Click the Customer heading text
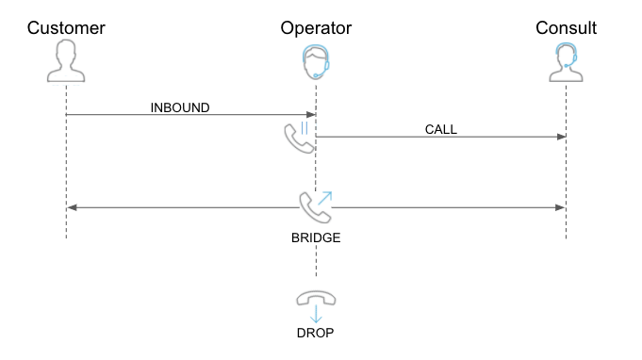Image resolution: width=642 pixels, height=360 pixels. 66,28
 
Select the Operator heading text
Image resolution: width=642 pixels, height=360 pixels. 316,28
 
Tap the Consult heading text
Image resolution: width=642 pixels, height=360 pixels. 566,28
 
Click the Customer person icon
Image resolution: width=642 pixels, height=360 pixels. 66,60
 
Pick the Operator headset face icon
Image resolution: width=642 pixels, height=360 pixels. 316,62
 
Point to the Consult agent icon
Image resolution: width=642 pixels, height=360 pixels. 566,62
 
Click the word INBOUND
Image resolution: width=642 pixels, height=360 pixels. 180,107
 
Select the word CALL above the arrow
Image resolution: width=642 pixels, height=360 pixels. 441,129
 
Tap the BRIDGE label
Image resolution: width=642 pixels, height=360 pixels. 316,237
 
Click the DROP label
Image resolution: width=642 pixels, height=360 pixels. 315,333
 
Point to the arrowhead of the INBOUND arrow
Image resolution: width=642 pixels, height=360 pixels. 311,115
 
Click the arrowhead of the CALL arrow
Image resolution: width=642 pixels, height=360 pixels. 561,137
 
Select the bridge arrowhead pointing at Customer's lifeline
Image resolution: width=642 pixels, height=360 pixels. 72,208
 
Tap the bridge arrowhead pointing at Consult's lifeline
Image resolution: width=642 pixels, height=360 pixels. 560,208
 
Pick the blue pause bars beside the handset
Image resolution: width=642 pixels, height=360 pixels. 304,128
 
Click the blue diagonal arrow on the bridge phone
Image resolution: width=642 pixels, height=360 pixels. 325,198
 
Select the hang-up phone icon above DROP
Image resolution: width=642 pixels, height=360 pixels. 316,298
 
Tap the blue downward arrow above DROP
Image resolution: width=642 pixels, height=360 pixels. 316,314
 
